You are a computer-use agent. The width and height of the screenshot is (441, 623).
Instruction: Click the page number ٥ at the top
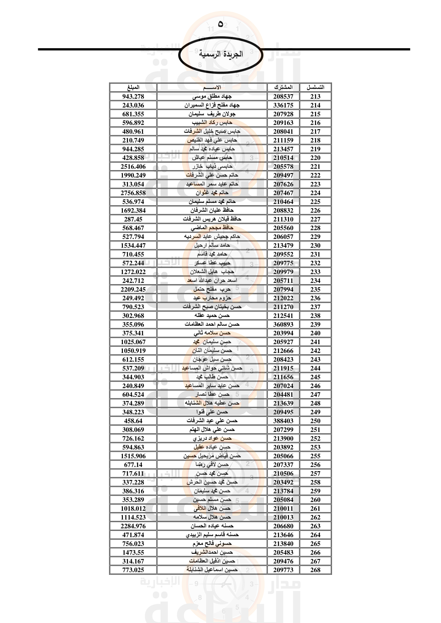pos(221,24)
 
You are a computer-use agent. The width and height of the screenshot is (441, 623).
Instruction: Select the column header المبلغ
pos(133,87)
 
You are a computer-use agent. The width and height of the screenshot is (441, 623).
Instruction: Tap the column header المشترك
pos(283,87)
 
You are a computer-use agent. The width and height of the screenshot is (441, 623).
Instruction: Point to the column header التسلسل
pos(315,87)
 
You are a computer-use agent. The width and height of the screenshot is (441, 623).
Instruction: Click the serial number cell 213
pos(315,96)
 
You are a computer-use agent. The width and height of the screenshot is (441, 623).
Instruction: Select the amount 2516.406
pos(133,166)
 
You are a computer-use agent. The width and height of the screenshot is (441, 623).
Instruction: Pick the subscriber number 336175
pos(283,105)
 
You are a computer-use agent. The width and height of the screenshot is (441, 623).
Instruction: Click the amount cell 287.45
pos(133,219)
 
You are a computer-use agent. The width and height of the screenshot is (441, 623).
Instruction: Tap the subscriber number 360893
pos(283,324)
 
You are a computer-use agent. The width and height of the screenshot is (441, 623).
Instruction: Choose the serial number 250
pos(315,421)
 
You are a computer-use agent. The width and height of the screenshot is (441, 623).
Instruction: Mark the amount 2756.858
pos(133,193)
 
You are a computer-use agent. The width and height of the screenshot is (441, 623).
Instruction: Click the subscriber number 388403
pos(283,421)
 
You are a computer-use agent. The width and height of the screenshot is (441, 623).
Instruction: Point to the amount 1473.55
pos(133,552)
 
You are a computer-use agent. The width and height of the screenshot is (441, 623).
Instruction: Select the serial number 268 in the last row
pos(315,570)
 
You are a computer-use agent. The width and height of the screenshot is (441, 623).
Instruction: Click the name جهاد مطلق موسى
pos(212,96)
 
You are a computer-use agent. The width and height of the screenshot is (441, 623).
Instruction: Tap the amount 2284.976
pos(133,526)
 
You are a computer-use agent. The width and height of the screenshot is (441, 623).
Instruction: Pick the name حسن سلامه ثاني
pos(212,333)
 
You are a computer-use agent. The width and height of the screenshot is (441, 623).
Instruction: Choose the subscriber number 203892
pos(283,447)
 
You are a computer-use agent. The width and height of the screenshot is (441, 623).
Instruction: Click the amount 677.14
pos(133,465)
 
